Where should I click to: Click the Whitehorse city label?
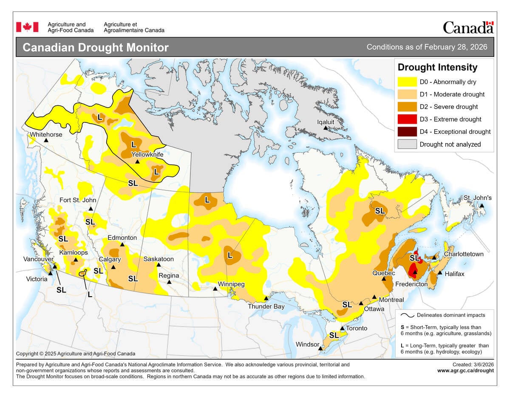(x=46, y=134)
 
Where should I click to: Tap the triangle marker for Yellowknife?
(x=137, y=162)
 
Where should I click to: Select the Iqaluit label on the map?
(x=326, y=122)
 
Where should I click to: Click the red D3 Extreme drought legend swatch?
(x=407, y=119)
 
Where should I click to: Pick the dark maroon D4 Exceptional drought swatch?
(x=407, y=132)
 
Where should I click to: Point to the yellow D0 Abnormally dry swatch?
(x=407, y=82)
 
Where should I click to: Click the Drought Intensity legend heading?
(x=437, y=67)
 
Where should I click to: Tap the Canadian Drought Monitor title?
(x=95, y=47)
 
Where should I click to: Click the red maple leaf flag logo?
(x=27, y=27)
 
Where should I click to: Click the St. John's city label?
(x=477, y=198)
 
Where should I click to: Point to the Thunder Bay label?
(x=266, y=306)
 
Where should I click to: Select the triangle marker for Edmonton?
(x=122, y=244)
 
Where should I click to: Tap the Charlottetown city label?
(x=464, y=254)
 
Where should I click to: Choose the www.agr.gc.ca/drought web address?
(x=465, y=370)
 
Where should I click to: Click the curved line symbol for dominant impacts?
(x=408, y=315)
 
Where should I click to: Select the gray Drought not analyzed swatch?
(x=407, y=144)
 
